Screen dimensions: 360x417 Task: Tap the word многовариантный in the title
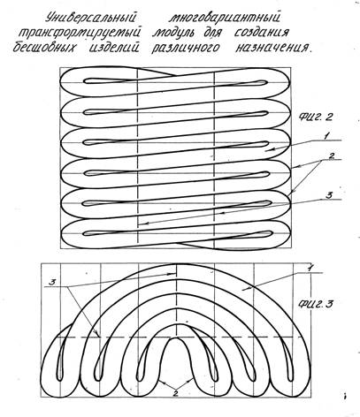click(225, 18)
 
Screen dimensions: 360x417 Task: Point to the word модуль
click(173, 33)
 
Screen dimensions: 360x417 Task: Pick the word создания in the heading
click(261, 33)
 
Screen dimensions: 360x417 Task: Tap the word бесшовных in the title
click(44, 48)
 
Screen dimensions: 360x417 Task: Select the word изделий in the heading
click(114, 47)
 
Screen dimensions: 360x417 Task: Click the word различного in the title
click(186, 48)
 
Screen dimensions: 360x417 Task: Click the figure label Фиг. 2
click(316, 118)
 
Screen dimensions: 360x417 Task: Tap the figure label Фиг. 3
click(316, 304)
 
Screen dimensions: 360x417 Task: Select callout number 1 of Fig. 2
click(326, 136)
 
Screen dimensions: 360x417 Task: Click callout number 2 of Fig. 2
click(331, 156)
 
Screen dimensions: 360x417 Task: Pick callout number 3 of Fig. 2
click(329, 195)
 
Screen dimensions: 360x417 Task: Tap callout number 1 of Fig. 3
click(310, 269)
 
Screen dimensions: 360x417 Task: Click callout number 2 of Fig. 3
click(176, 393)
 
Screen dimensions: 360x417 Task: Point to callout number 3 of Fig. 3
click(52, 283)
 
